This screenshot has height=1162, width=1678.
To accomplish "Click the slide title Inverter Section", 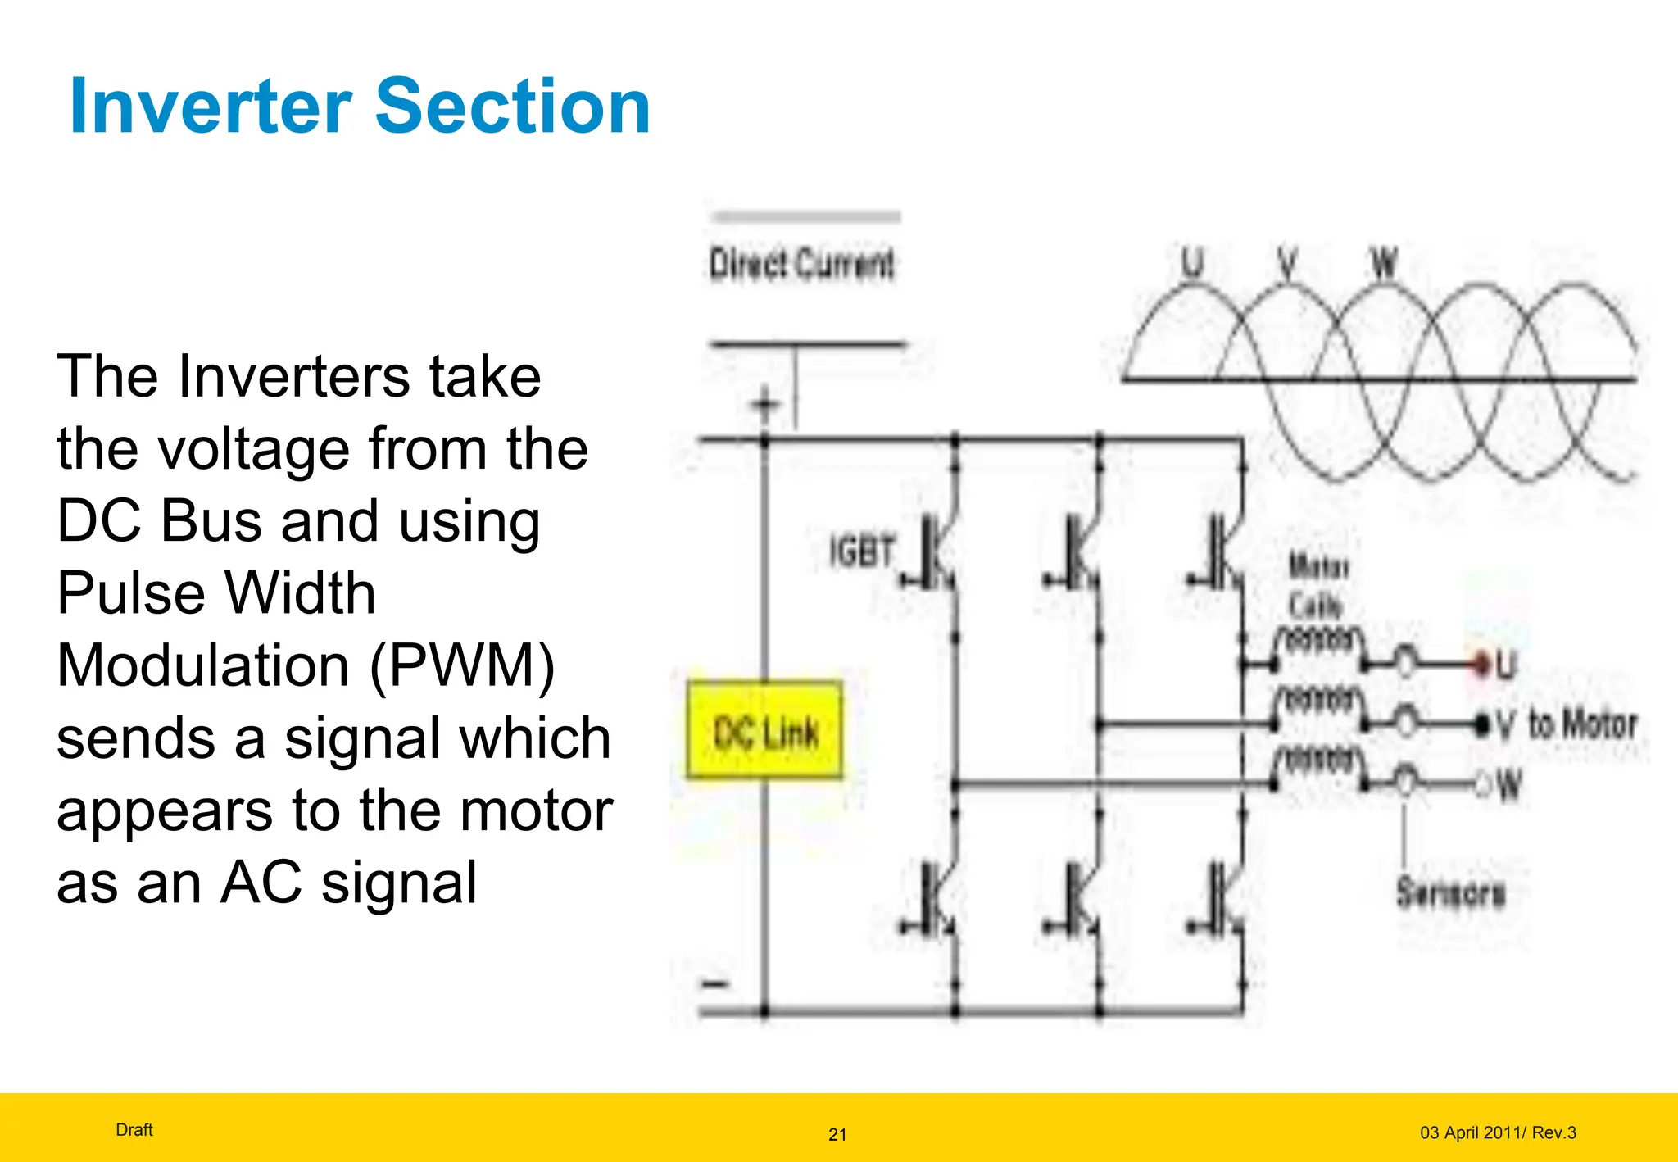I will click(x=361, y=107).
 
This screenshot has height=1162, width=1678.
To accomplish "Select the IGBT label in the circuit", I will click(x=861, y=551).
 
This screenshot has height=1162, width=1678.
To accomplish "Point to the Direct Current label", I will click(x=801, y=265).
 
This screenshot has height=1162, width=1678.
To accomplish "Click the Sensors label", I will click(x=1450, y=892).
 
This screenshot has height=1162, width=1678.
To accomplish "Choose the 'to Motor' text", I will click(x=1582, y=724).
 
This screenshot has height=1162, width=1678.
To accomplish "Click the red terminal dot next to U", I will click(x=1481, y=662).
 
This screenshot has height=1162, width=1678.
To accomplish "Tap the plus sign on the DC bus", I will click(x=765, y=404).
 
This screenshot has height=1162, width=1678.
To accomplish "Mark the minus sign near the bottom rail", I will click(x=715, y=983).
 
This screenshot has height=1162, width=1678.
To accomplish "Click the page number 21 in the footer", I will click(x=837, y=1134).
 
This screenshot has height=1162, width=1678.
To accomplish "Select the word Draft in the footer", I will click(x=134, y=1130).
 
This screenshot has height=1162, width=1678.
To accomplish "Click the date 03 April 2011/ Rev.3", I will click(x=1498, y=1132).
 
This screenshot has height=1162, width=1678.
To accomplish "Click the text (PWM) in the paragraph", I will click(x=463, y=665).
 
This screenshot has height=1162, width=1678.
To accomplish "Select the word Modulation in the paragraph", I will click(x=203, y=665).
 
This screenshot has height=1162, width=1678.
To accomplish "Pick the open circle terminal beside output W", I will click(x=1483, y=786).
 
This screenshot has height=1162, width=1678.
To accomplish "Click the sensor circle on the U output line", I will click(x=1405, y=661).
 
